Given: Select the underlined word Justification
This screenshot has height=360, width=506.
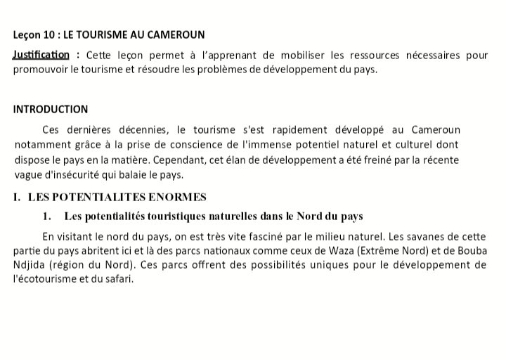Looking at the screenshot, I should pyautogui.click(x=41, y=55).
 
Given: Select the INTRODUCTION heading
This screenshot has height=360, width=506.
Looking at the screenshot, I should pyautogui.click(x=51, y=109).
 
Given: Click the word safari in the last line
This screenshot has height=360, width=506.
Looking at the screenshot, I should pyautogui.click(x=118, y=279).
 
